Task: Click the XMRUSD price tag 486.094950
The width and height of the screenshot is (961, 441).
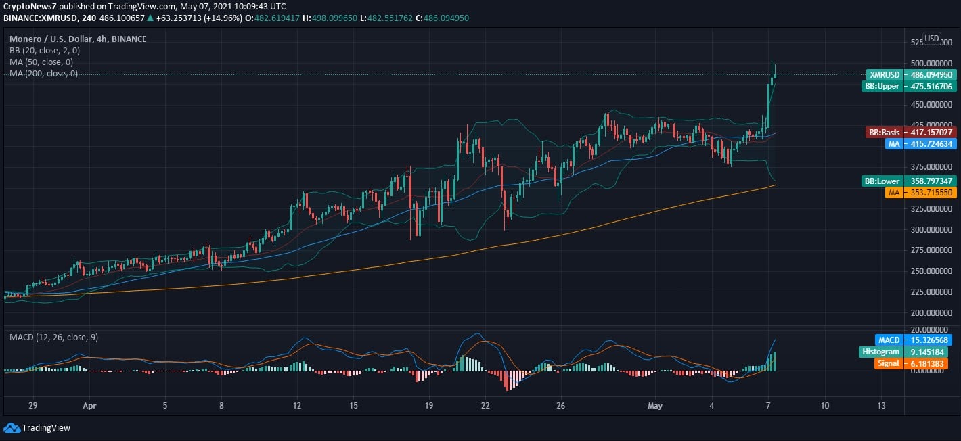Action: (911, 75)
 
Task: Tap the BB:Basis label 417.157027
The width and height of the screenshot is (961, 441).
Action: (911, 133)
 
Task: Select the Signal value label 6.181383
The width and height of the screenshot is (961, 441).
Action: (911, 363)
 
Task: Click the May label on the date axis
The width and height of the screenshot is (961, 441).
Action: (654, 406)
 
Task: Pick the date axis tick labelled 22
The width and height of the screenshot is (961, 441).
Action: (485, 406)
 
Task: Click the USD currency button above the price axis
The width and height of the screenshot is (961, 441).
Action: (932, 39)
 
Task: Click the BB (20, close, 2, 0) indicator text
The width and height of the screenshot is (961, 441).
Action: (45, 51)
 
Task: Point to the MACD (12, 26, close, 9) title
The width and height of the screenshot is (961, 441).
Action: (53, 337)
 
